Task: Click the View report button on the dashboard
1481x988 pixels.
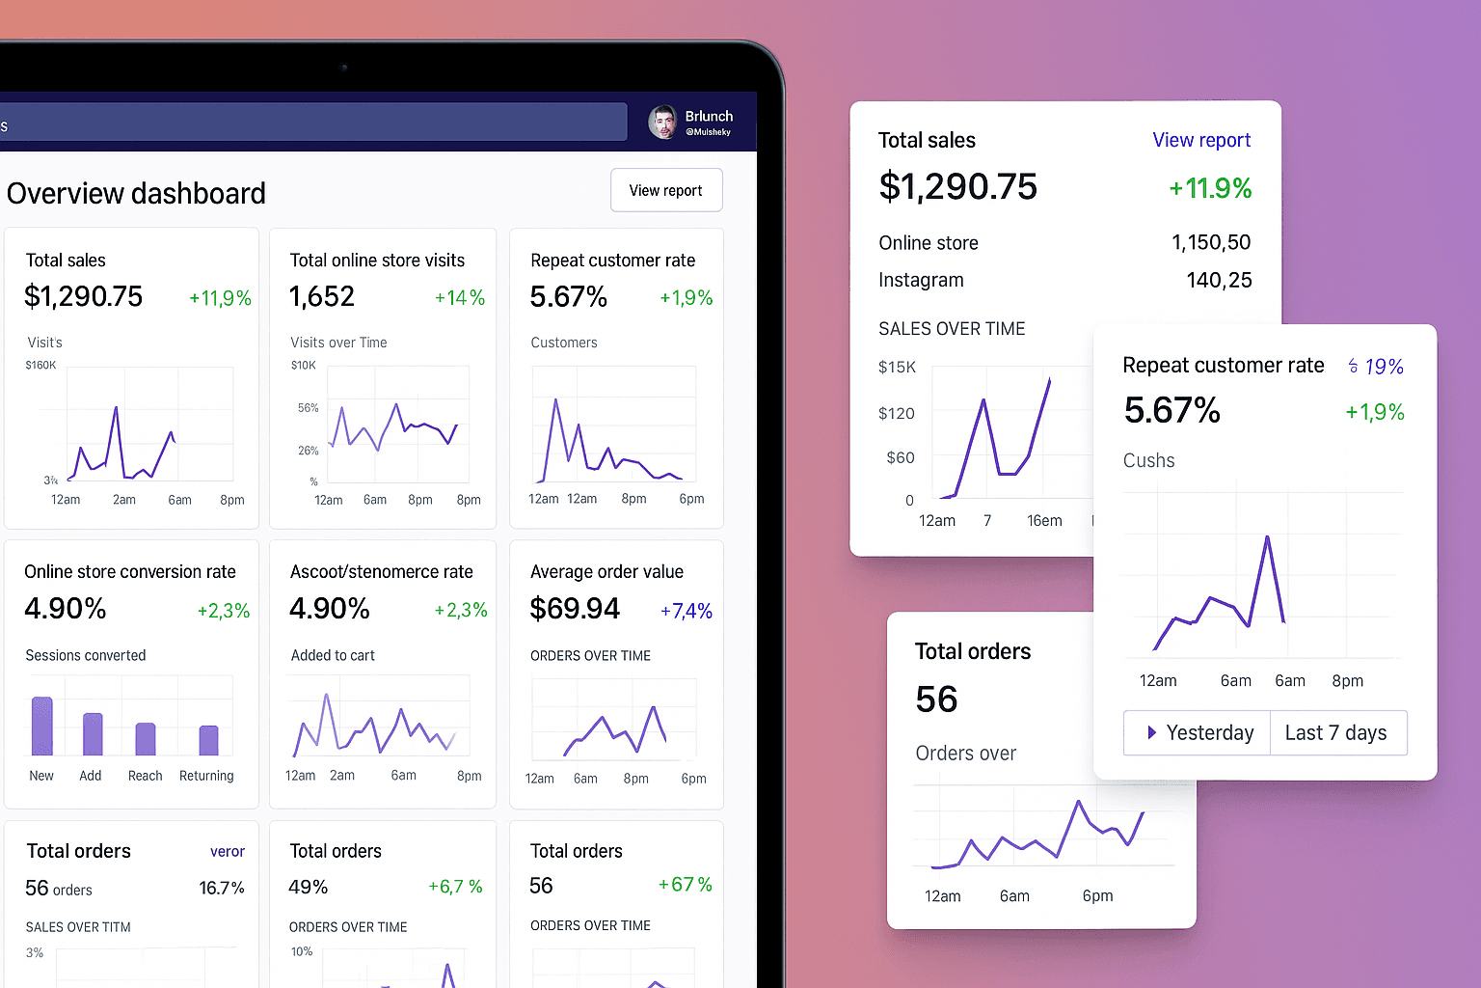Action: coord(665,190)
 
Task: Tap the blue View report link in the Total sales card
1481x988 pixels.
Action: coord(1200,140)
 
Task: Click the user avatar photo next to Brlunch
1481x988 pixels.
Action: coord(662,123)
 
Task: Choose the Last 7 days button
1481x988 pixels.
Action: coord(1336,732)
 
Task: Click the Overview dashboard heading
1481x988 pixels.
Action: coord(136,193)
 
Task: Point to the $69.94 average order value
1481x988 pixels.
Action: coord(575,609)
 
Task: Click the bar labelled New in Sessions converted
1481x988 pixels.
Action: coord(42,726)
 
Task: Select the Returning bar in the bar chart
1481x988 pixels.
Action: coord(208,740)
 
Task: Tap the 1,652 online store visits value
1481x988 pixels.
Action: coord(322,296)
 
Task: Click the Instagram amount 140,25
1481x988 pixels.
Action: coord(1219,280)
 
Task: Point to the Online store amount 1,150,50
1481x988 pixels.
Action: coord(1211,242)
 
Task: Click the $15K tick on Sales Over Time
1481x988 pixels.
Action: coord(897,367)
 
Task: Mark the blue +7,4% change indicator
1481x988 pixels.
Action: coord(686,611)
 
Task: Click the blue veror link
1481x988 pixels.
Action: coord(227,851)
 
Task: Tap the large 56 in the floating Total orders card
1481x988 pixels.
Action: coord(936,699)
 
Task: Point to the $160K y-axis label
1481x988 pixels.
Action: coord(40,365)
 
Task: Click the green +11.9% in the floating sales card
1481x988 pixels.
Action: coord(1210,188)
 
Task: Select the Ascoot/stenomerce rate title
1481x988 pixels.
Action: coord(381,571)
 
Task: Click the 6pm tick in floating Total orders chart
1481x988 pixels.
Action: coord(1097,895)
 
